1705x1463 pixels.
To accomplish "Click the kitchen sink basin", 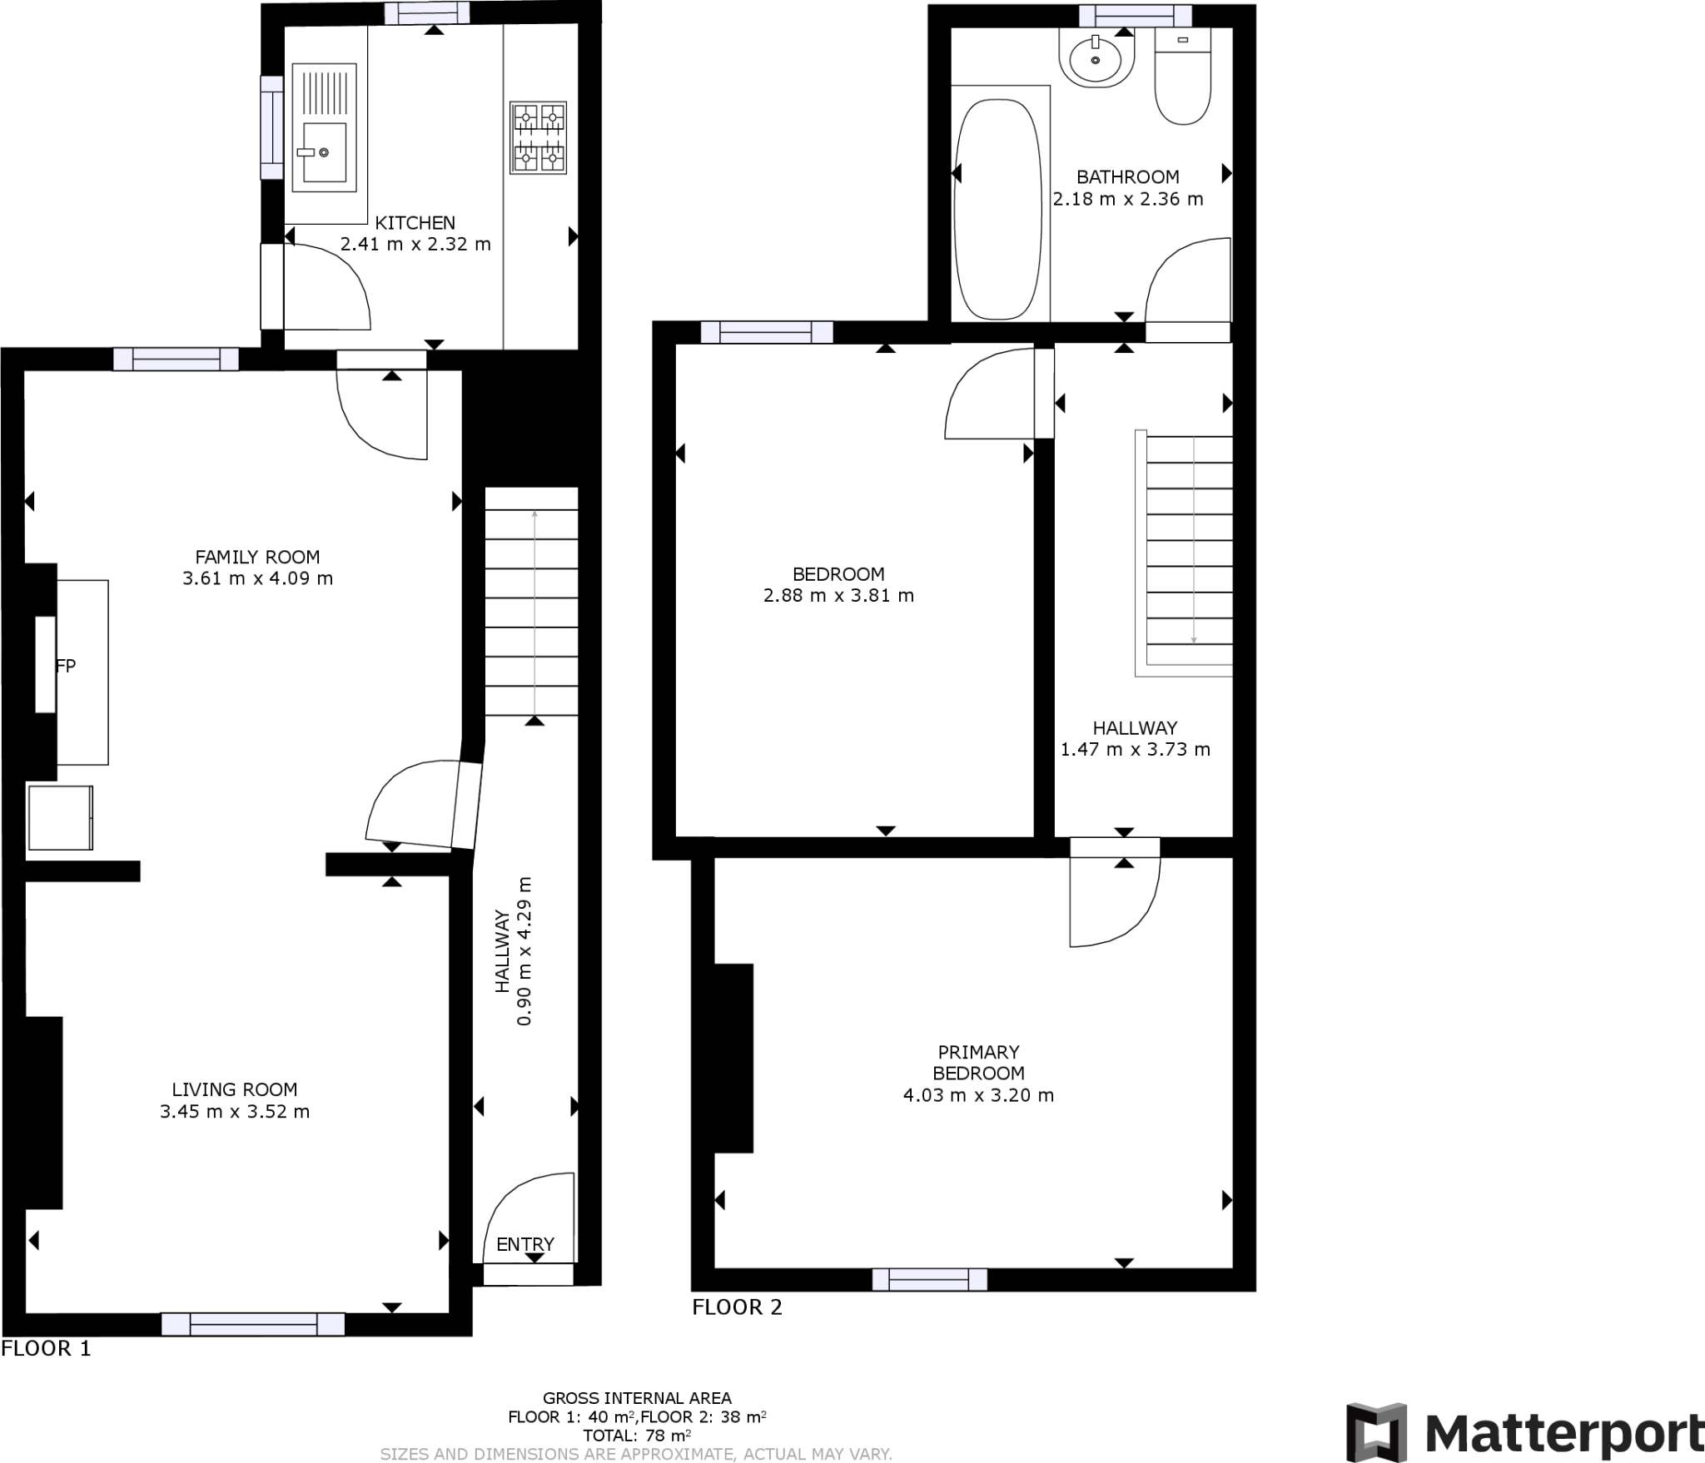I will [325, 152].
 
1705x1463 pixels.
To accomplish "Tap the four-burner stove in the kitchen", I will [538, 138].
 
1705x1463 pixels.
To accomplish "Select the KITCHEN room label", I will [415, 223].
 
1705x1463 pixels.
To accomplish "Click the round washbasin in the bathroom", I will [1096, 59].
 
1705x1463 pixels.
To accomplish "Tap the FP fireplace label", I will [66, 665].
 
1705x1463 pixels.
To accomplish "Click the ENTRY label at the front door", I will [524, 1244].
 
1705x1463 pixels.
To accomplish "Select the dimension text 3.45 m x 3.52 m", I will [235, 1111].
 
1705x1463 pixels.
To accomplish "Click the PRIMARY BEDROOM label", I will [978, 1063].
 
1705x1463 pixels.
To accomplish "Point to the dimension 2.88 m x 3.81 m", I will [838, 595].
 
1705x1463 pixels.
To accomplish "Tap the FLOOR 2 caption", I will [737, 1307].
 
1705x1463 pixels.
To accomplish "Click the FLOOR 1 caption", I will [46, 1348].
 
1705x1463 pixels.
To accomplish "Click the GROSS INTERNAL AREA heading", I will [637, 1398].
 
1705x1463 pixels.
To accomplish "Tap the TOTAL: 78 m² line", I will [637, 1435].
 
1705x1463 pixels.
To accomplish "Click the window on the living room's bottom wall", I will [252, 1324].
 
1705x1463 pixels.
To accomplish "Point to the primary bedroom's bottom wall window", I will [929, 1279].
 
